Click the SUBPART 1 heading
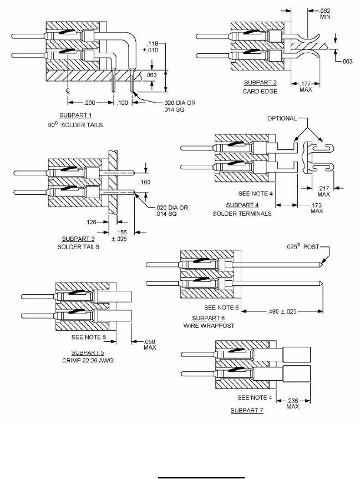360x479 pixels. coord(75,115)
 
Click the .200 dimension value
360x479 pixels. coord(90,103)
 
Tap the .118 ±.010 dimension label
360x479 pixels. coord(152,47)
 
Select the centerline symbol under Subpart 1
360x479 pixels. coord(68,90)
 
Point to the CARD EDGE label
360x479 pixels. coord(260,92)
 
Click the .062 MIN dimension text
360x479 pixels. coord(325,14)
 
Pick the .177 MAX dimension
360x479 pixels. coord(306,87)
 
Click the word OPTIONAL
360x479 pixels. coord(282,118)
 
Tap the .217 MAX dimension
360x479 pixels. coord(323,191)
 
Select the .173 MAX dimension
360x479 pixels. coord(317,208)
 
